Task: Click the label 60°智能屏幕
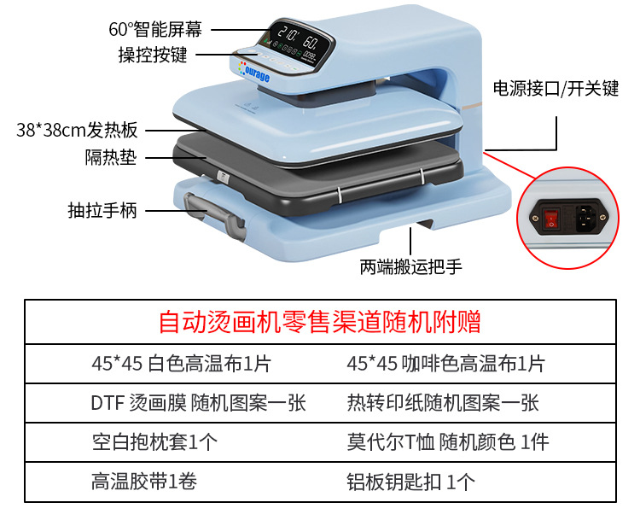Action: point(155,28)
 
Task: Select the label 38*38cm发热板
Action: point(77,131)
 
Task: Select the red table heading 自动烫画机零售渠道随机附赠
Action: point(320,322)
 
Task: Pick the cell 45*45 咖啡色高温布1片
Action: point(445,364)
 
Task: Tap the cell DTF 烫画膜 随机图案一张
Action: point(198,403)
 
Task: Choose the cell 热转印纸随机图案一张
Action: point(443,403)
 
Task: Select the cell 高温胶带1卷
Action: point(144,482)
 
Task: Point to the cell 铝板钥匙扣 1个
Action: point(410,482)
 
